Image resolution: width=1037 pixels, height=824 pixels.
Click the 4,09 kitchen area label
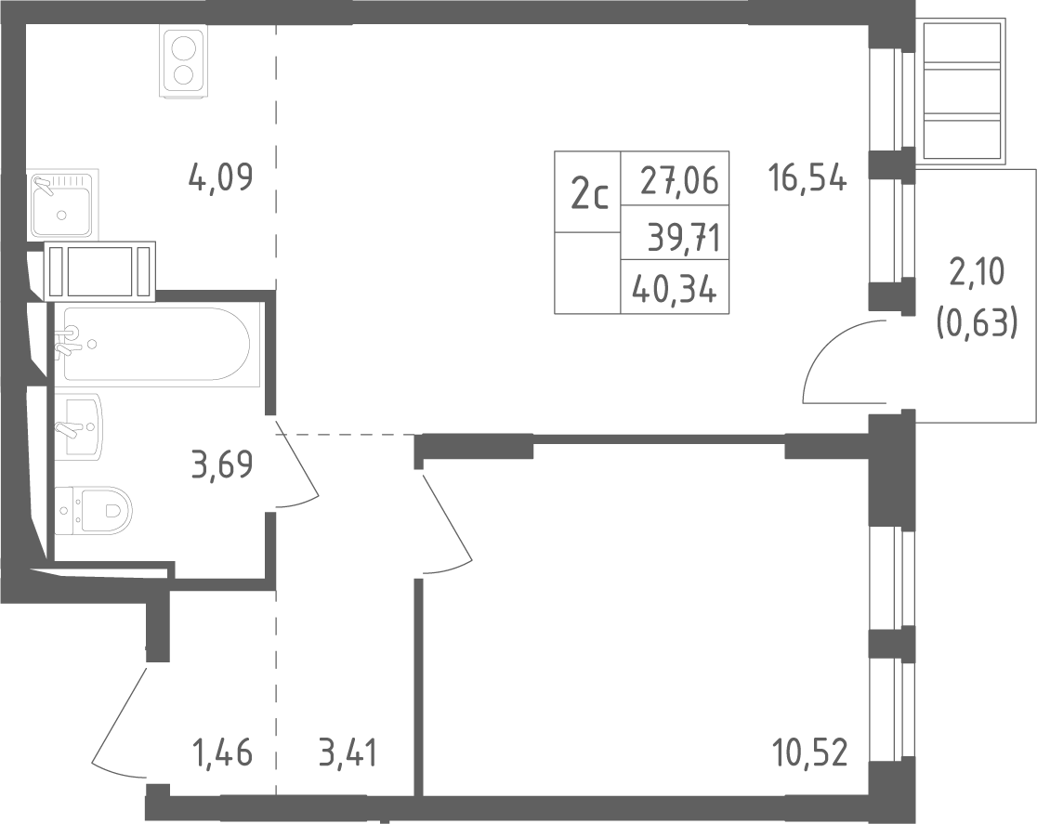click(220, 177)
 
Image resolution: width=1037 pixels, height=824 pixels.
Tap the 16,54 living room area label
click(807, 178)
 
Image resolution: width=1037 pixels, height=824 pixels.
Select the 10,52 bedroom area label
click(808, 753)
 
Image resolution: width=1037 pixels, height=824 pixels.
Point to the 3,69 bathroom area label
click(221, 464)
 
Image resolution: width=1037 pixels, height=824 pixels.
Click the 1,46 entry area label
click(222, 753)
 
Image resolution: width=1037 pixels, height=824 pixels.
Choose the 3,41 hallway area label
click(348, 753)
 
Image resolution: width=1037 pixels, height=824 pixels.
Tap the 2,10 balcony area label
click(977, 272)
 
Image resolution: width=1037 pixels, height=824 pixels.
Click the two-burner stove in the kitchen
click(182, 61)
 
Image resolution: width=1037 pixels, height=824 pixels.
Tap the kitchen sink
click(62, 203)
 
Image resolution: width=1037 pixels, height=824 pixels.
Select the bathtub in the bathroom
click(153, 344)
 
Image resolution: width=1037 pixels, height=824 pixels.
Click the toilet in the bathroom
click(94, 511)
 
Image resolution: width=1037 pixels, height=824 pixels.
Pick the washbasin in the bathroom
click(79, 427)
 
